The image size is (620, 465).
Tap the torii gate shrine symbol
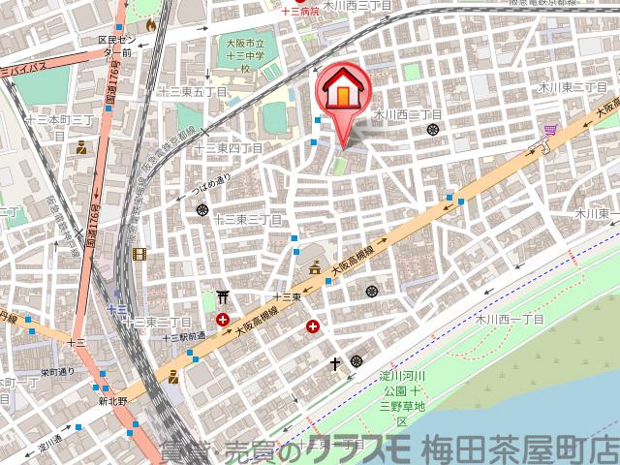click(222, 297)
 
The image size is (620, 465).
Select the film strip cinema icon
click(141, 254)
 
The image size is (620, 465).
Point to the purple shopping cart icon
click(550, 130)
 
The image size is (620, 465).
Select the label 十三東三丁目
click(247, 219)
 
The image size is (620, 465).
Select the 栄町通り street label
click(58, 371)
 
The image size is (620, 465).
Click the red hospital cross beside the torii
click(224, 319)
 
